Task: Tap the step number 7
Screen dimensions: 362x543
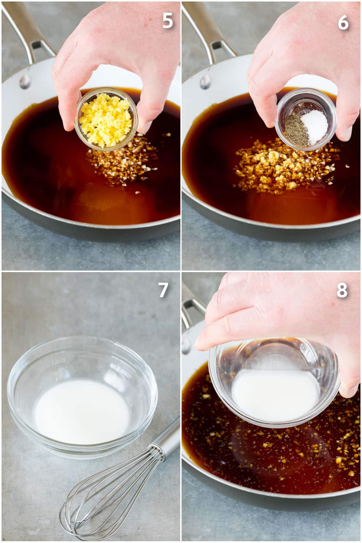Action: click(x=163, y=290)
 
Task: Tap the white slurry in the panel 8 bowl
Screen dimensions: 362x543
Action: click(x=275, y=395)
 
